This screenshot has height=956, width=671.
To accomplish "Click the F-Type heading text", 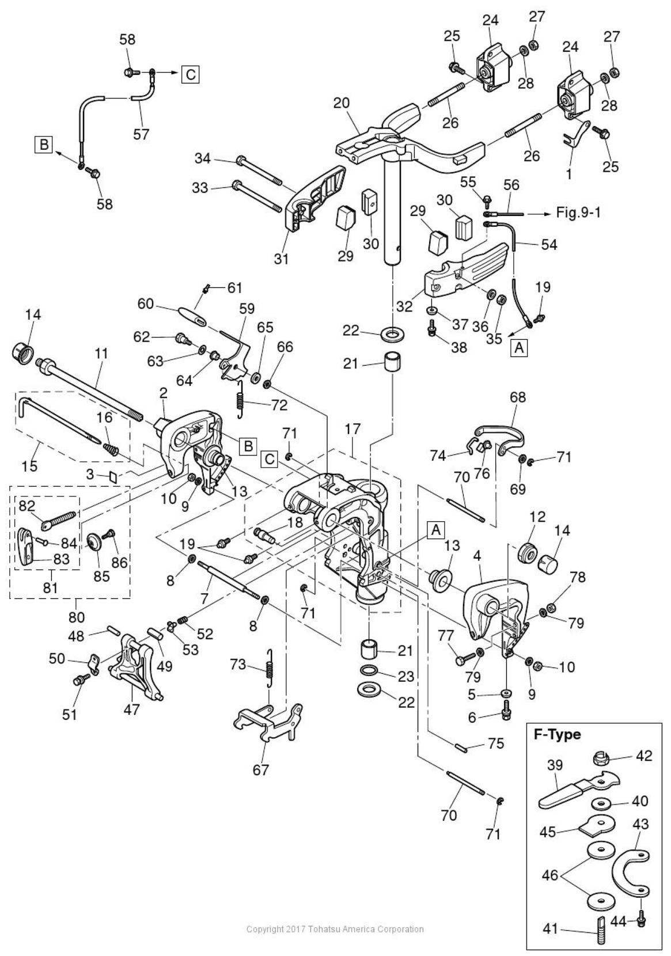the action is point(557,734).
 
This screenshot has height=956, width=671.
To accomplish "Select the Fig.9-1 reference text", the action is point(578,212).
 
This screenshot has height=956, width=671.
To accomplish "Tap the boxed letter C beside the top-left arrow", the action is point(191,74).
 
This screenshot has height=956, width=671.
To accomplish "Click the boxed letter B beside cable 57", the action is point(44,145).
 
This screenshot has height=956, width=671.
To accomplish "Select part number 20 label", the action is point(342,103).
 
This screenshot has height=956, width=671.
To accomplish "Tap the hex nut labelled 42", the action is point(601,758).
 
